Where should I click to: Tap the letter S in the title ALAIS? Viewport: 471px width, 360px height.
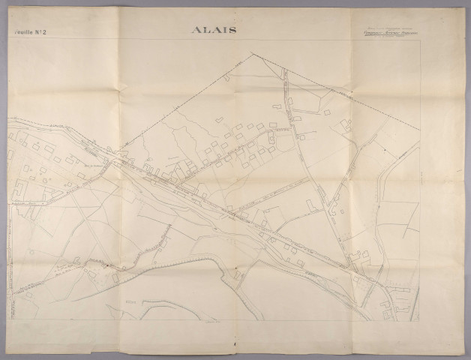pos(233,30)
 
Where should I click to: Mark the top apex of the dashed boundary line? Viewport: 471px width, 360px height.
pos(251,52)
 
